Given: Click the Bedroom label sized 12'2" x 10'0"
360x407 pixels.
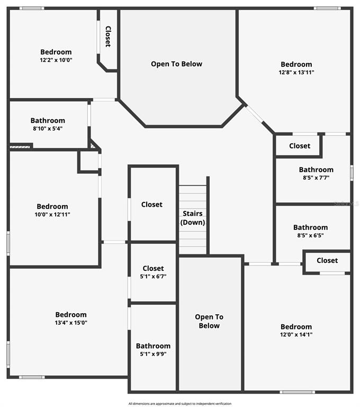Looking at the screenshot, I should click(x=56, y=52).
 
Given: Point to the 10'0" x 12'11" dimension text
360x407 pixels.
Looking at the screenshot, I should click(x=52, y=215).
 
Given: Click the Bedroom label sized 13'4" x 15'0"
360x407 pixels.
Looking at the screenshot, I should click(x=71, y=314).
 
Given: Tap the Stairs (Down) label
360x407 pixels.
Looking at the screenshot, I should click(x=193, y=218).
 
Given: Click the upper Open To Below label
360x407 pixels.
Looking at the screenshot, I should click(x=176, y=64).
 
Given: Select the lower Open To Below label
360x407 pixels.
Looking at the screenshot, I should click(x=209, y=321).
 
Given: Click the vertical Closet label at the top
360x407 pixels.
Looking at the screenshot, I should click(x=108, y=37).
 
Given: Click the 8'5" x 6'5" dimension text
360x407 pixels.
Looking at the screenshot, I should click(x=310, y=236).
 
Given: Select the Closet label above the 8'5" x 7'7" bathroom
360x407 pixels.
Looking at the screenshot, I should click(x=300, y=146).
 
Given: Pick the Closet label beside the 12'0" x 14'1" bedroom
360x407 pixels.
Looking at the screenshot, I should click(x=327, y=260).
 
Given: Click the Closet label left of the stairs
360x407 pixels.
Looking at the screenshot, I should click(x=151, y=205).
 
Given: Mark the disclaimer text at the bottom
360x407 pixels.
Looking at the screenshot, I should click(x=179, y=404).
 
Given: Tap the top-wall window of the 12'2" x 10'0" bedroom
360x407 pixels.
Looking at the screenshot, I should click(x=32, y=8).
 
